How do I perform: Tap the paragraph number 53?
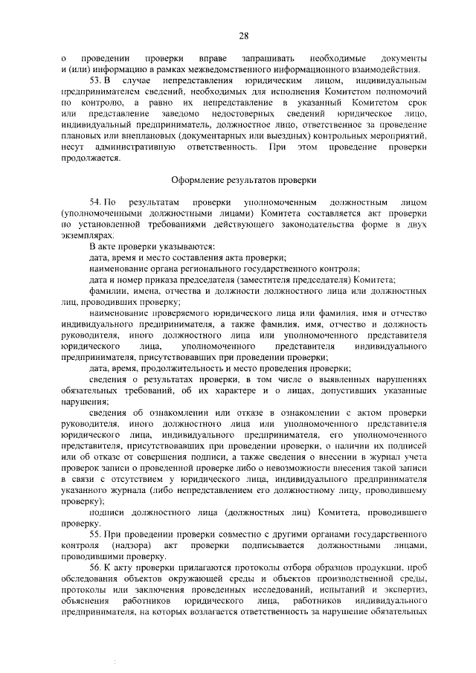pyautogui.click(x=95, y=79)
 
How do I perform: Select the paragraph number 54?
pyautogui.click(x=95, y=202)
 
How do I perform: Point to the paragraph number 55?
pyautogui.click(x=95, y=535)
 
